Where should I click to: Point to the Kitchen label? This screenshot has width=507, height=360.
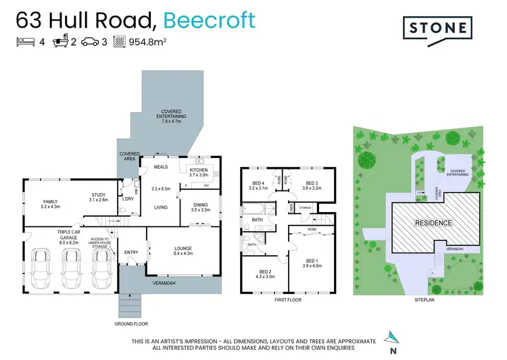point(199,172)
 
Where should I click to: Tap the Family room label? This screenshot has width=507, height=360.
point(51,205)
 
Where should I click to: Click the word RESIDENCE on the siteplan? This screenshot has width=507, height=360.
point(433,222)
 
